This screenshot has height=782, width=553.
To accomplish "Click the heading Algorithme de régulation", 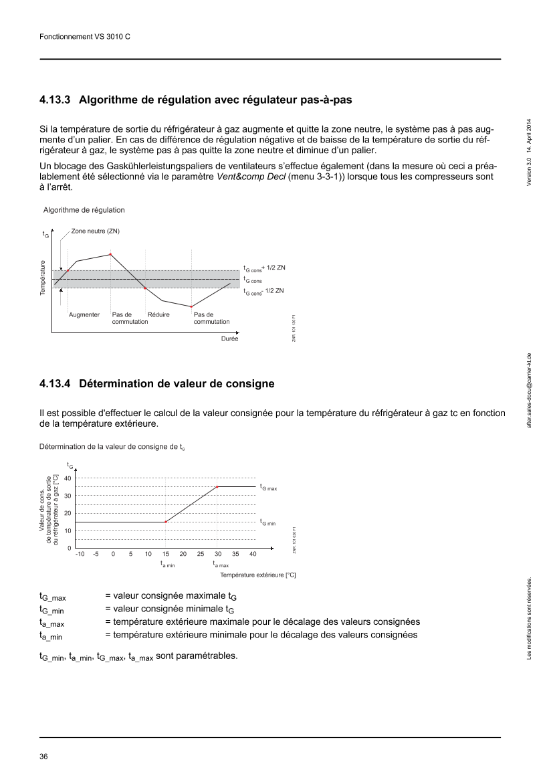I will point(84,210).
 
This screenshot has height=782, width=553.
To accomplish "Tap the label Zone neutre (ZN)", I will point(96,231).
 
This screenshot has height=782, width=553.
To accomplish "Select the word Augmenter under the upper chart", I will point(84,314).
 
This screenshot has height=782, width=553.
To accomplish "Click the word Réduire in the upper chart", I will point(158,314).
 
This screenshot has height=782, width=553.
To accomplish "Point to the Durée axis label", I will point(229,338).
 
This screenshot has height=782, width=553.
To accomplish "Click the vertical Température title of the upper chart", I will point(42,278).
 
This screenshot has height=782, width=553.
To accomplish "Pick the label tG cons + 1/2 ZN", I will point(265,268).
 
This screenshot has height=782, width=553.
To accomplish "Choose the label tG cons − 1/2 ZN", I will point(265,292).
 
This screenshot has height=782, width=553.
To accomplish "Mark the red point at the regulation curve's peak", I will point(110,254).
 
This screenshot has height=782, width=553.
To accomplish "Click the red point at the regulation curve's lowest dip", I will point(191,306).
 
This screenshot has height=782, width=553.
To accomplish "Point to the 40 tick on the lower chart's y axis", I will point(68,478).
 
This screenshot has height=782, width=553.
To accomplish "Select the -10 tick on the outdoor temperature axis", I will point(80,555).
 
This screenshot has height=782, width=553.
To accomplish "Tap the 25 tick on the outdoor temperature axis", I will point(200,555).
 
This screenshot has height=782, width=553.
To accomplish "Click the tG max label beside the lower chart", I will point(268,488).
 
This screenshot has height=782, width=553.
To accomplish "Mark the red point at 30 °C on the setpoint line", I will point(217,486).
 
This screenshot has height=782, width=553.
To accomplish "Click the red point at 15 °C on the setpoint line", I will point(165,522).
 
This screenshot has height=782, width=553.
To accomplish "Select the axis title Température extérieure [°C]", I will point(257,575).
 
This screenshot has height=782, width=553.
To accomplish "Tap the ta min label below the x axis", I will point(167,565).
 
